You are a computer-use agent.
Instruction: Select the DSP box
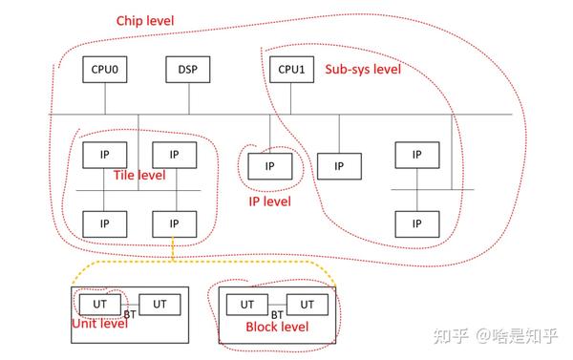click(x=186, y=70)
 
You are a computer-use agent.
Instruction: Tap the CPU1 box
click(x=288, y=70)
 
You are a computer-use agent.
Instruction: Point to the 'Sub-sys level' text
click(x=363, y=69)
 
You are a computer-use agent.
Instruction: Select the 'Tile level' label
click(x=138, y=175)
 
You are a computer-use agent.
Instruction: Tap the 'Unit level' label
click(x=100, y=324)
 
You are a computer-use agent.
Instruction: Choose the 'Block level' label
click(x=278, y=327)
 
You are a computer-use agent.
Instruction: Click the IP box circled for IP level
click(x=269, y=166)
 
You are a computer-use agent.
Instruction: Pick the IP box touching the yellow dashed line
click(x=174, y=222)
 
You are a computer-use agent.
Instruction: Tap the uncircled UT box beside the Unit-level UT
click(x=159, y=303)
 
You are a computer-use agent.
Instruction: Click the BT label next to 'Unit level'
click(x=130, y=312)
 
